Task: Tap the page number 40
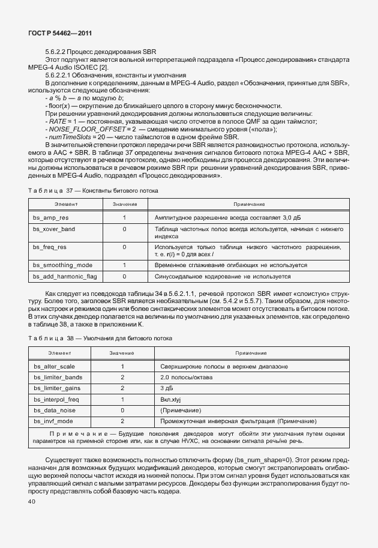click(32, 501)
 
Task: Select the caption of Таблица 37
click(94, 190)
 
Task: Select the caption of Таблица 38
click(100, 339)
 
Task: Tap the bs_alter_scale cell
click(54, 366)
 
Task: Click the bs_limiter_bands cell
click(58, 378)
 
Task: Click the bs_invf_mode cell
click(53, 421)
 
